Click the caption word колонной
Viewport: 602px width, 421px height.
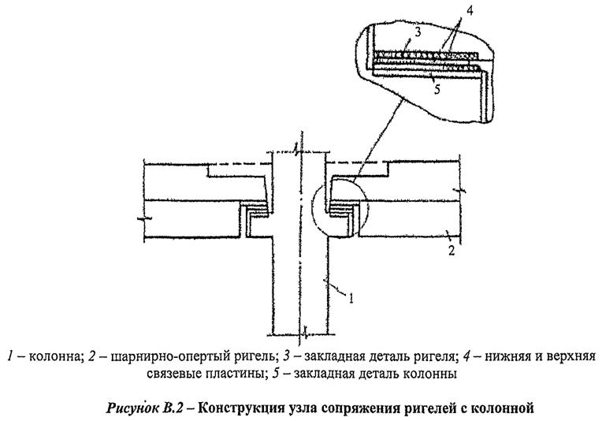tap(504, 408)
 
